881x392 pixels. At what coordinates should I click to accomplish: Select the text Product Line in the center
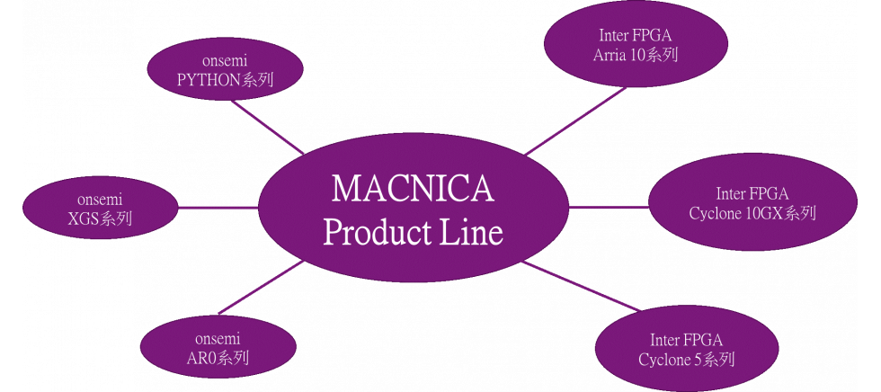coord(413,233)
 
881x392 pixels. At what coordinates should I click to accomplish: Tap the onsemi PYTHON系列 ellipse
coord(225,72)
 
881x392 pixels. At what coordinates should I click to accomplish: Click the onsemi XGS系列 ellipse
coord(100,209)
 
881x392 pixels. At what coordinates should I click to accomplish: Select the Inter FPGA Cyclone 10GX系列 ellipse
coord(752,204)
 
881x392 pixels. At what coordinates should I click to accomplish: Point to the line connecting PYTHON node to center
coord(268,127)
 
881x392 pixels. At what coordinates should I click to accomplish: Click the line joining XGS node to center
coord(218,208)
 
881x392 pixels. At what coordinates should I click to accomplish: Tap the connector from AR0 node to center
coord(261,290)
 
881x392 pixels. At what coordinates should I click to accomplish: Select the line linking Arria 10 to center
coord(575,120)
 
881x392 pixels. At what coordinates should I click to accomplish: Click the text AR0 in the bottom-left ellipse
coord(202,358)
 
